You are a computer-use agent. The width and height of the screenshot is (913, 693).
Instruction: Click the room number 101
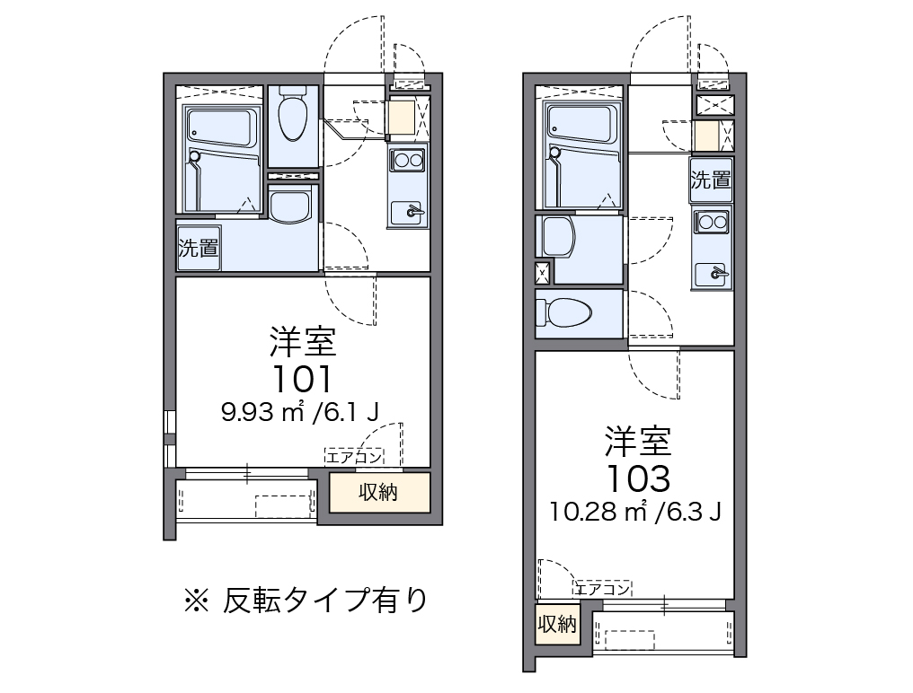[303, 379]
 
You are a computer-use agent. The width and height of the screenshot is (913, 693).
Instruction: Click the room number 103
[639, 479]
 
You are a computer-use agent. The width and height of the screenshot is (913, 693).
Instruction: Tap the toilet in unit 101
[292, 114]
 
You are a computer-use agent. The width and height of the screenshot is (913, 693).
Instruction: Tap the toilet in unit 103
[563, 312]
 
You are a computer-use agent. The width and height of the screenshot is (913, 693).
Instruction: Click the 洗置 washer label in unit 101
[199, 248]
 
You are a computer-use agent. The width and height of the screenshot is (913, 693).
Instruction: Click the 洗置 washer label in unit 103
[711, 180]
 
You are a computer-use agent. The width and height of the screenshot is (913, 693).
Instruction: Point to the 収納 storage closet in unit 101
[379, 492]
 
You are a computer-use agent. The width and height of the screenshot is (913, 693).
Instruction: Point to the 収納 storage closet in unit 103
[558, 625]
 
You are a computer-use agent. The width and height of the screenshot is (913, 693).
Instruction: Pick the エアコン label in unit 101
[353, 457]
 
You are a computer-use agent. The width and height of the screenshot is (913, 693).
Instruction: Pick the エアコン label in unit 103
[603, 589]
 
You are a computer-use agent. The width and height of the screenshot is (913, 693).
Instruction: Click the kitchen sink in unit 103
[712, 274]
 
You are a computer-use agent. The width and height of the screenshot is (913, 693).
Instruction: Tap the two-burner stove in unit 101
[407, 159]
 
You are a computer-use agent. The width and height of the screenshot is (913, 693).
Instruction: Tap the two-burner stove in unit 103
[712, 222]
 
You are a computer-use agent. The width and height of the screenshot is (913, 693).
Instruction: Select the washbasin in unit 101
[290, 206]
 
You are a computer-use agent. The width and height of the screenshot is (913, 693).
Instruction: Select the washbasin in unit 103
[558, 236]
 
